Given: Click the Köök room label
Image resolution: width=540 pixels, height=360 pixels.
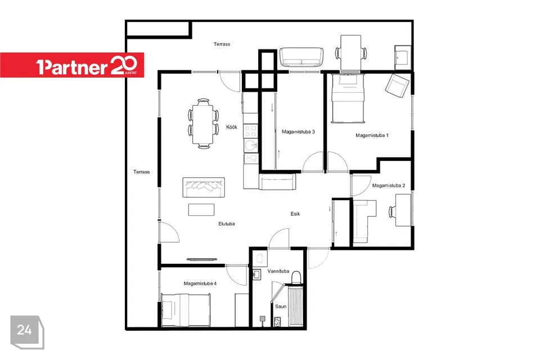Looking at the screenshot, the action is tap(232, 127).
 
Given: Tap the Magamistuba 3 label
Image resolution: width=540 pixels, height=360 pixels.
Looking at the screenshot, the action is tap(298, 132).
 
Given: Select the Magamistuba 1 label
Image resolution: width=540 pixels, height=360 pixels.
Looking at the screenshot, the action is tap(372, 136).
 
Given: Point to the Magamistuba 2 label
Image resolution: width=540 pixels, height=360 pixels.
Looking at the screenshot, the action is tap(389, 185).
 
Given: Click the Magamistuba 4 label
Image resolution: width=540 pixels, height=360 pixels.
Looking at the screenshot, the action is tap(200, 283).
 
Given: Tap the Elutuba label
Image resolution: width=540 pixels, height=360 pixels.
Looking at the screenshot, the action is tap(227, 224).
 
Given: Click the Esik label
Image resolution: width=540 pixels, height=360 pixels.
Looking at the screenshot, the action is tap(295, 214).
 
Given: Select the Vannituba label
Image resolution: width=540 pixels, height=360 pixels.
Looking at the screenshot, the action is tap(278, 271).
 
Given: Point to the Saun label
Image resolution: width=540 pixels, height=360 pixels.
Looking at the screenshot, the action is tap(281, 306).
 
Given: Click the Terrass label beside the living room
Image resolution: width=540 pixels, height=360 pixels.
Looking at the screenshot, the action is tap(142, 172).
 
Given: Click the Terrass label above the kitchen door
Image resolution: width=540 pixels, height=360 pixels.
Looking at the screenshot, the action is tap(222, 44).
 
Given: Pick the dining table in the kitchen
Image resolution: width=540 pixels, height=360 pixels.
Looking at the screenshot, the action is tap(203, 124).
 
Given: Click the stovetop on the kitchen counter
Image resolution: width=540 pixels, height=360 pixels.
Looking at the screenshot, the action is tap(250, 131).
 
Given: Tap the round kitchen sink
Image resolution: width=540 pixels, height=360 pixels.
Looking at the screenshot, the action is tap(251, 145).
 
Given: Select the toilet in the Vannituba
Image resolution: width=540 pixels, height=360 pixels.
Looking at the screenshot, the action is tap(296, 277).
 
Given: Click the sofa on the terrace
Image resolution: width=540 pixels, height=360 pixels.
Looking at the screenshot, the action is tap(301, 57).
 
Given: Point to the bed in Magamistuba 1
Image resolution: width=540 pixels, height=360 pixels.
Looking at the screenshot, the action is tap(348, 98).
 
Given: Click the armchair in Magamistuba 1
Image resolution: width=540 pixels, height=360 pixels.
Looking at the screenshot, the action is tap(397, 85).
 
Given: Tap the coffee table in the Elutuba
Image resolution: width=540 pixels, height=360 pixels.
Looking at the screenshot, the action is tap(201, 210).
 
